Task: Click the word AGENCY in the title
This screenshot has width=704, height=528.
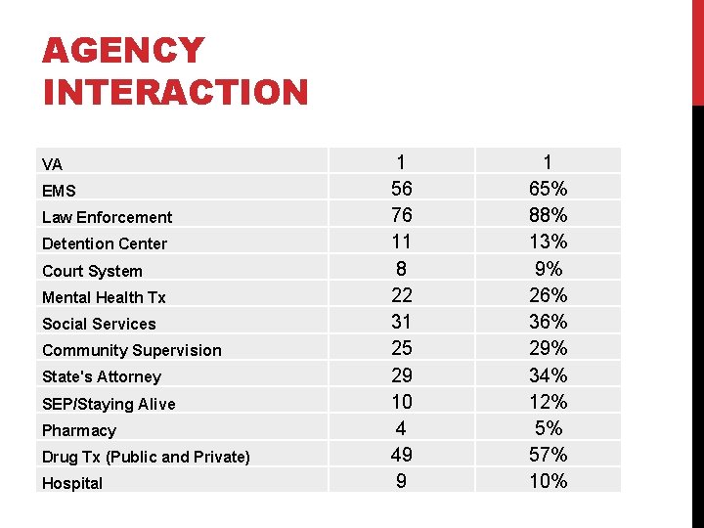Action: [123, 51]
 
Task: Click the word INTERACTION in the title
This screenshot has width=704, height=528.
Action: [176, 93]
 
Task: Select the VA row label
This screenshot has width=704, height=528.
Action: [52, 164]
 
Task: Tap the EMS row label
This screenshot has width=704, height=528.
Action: [59, 191]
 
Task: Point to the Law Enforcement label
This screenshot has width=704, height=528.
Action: [107, 217]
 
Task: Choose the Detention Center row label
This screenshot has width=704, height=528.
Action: [105, 243]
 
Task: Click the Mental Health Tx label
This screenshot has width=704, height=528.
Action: [104, 297]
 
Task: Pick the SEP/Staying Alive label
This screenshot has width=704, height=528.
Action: [109, 404]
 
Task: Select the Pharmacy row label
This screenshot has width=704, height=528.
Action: [79, 430]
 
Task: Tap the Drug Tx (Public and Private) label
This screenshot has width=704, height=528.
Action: [146, 457]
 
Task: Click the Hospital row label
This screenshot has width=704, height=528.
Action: [72, 483]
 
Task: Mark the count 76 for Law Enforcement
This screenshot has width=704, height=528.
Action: [401, 214]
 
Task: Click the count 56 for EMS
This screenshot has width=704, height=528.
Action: [401, 188]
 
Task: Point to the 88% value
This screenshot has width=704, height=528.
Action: [547, 214]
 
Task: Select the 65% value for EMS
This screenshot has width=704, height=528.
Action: [547, 188]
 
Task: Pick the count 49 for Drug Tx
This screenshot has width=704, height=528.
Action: [401, 454]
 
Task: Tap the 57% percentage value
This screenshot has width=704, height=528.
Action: [547, 454]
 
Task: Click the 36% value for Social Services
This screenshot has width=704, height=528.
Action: [547, 321]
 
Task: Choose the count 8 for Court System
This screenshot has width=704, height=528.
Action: [401, 268]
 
